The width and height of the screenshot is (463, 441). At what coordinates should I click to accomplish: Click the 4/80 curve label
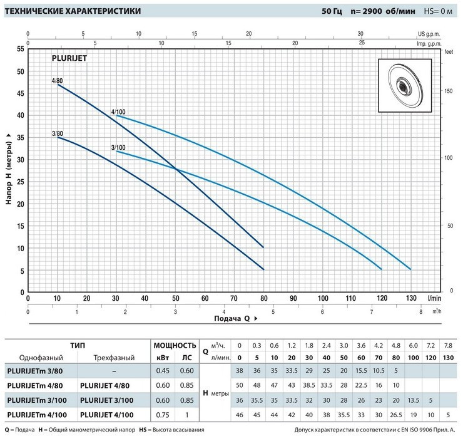57,81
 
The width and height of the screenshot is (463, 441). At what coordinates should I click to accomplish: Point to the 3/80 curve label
57,133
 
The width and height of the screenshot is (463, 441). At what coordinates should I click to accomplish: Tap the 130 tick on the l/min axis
410,298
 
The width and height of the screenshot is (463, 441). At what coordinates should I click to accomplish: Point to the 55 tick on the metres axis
20,49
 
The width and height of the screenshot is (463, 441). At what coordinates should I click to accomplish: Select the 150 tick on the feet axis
447,91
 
